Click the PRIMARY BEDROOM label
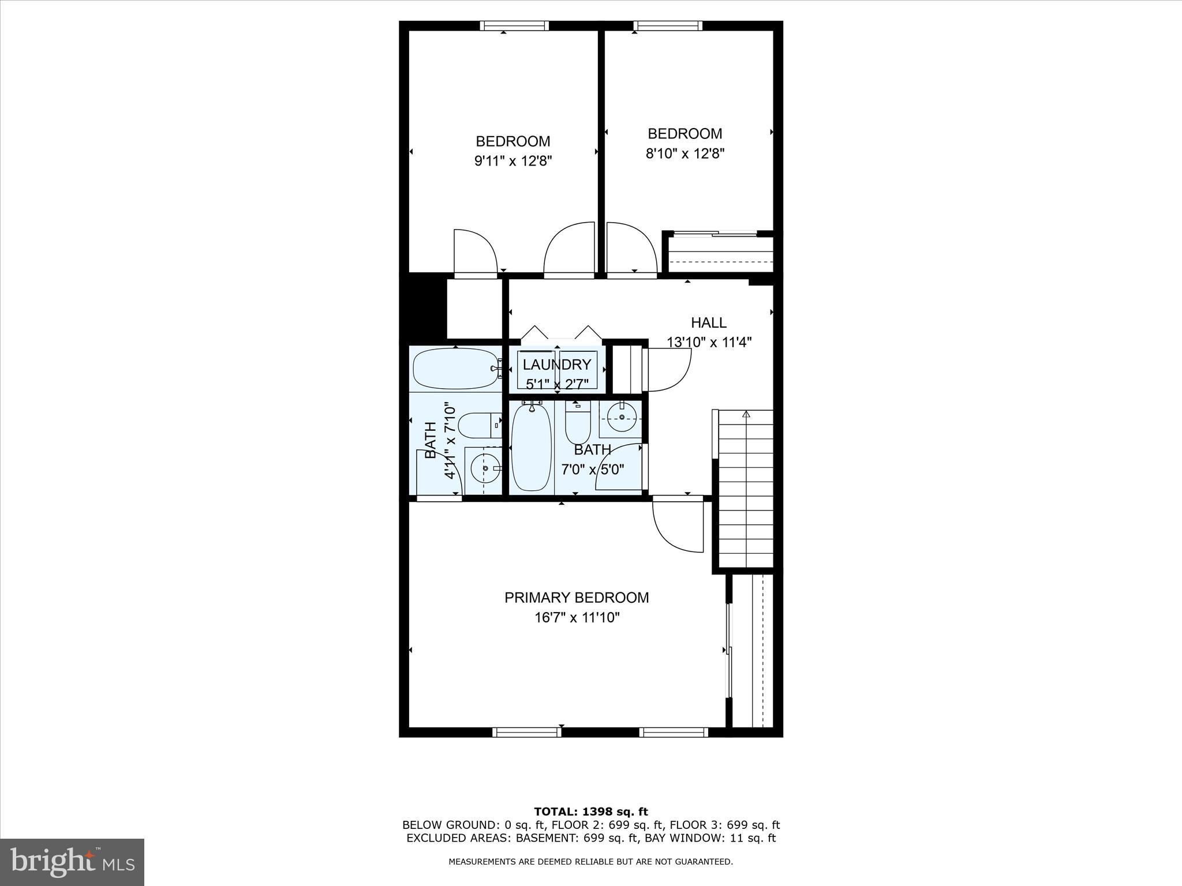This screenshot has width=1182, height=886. pyautogui.click(x=577, y=598)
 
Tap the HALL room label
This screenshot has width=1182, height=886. pyautogui.click(x=709, y=322)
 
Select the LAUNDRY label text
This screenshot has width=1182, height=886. pyautogui.click(x=557, y=365)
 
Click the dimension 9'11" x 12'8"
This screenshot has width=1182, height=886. pyautogui.click(x=513, y=161)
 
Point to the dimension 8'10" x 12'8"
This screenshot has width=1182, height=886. pyautogui.click(x=685, y=153)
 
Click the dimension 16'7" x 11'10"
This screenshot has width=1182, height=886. pyautogui.click(x=577, y=618)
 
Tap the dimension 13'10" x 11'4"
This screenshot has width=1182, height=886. pyautogui.click(x=709, y=342)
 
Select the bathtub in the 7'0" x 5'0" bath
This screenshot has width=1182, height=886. pyautogui.click(x=531, y=448)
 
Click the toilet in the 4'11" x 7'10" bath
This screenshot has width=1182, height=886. pyautogui.click(x=475, y=425)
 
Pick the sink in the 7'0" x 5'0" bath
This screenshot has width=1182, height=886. pyautogui.click(x=622, y=417)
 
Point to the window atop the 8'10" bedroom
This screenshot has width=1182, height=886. pyautogui.click(x=668, y=25)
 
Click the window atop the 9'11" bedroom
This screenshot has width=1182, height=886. pyautogui.click(x=514, y=25)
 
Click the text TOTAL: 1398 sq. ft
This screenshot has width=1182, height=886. pyautogui.click(x=590, y=812)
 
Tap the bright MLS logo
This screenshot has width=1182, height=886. pyautogui.click(x=72, y=862)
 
